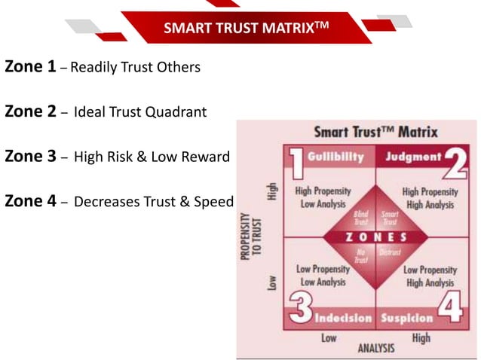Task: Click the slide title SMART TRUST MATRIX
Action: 246,29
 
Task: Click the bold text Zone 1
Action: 30,67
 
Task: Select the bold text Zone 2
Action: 30,112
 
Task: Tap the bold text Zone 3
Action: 30,157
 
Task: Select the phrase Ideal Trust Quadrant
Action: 140,113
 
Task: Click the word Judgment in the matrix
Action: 414,157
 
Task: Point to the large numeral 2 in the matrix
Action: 455,162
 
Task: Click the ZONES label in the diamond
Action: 375,236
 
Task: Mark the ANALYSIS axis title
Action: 375,349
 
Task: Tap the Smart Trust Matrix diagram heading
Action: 375,132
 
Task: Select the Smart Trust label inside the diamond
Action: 391,219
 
